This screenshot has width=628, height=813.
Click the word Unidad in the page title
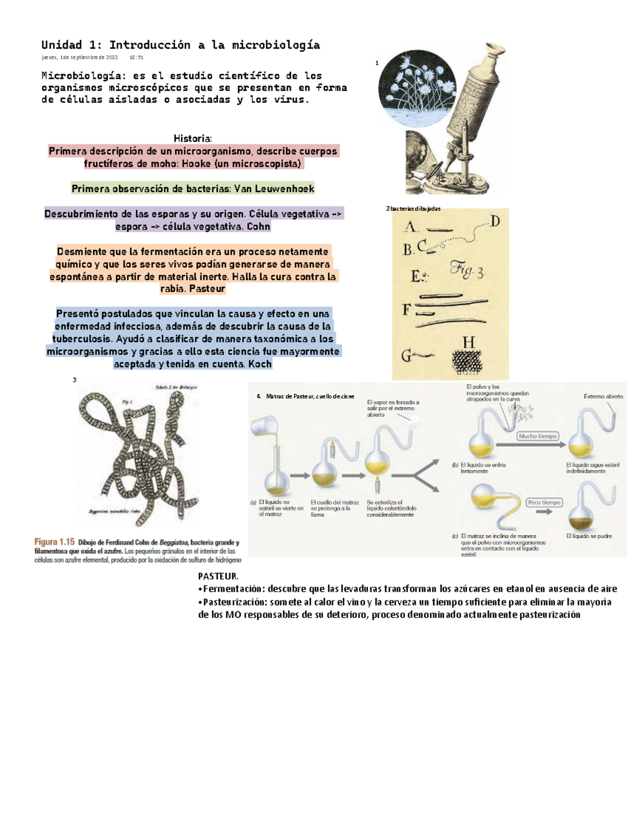[x=62, y=45]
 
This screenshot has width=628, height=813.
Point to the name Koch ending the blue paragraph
[x=260, y=364]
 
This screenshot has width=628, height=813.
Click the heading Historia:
[x=193, y=139]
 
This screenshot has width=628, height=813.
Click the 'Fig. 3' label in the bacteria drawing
[x=467, y=271]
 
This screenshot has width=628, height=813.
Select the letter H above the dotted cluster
[x=468, y=343]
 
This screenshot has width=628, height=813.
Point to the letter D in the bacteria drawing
[x=494, y=222]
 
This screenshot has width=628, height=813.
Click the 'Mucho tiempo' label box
[x=537, y=436]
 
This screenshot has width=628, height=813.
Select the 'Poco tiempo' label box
[x=544, y=503]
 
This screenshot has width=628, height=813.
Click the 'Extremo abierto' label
[x=603, y=397]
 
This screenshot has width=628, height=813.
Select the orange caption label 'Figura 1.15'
[x=54, y=542]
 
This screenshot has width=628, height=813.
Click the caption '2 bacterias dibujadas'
[x=413, y=209]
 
